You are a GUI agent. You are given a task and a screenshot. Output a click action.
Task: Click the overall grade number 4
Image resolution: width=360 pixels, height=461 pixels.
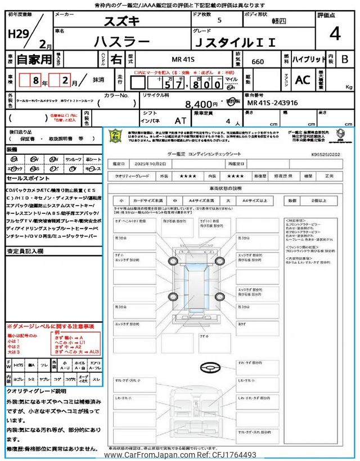335,34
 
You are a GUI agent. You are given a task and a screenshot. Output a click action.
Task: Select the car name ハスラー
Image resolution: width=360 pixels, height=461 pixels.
121,41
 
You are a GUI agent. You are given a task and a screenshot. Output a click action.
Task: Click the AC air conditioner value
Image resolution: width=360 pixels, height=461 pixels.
303,80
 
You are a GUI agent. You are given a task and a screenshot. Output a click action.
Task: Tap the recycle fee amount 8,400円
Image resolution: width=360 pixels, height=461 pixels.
201,104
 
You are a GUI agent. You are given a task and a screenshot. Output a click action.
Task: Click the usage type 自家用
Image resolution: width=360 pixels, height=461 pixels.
27,59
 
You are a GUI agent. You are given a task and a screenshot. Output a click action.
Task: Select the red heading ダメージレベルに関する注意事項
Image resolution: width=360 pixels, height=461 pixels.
50,326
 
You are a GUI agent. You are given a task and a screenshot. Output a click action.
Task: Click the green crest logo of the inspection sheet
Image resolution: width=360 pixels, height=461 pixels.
115,136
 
